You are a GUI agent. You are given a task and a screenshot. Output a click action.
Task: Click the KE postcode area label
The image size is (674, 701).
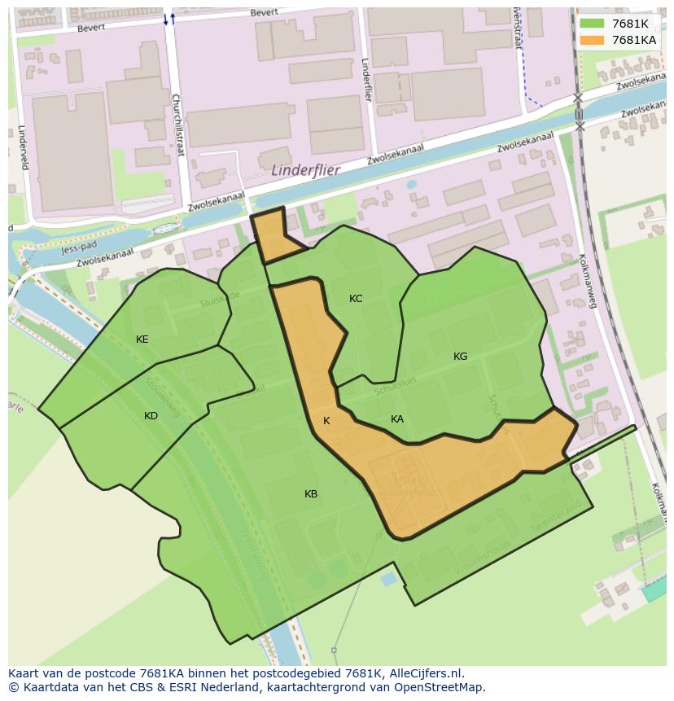142,340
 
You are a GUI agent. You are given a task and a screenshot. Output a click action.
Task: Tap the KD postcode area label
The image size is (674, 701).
151,416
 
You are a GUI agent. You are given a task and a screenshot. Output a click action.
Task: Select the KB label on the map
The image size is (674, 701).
311,494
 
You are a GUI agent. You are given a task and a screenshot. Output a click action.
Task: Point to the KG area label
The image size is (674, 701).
461,356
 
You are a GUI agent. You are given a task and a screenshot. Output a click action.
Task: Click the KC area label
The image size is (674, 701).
356,299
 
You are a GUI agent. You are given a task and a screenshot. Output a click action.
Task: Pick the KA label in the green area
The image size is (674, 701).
397,419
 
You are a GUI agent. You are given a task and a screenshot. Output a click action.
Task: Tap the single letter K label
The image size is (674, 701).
326,421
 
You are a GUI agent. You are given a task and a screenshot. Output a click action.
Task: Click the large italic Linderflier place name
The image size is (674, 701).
305,171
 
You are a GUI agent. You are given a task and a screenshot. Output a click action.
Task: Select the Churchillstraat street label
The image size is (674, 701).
177,123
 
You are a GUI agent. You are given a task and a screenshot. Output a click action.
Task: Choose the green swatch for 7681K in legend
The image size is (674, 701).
592,24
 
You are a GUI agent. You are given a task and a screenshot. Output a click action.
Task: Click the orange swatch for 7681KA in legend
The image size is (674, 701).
592,40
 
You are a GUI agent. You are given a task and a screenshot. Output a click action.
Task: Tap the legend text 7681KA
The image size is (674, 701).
633,40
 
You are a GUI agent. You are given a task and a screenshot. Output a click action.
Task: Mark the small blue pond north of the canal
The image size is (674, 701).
410,185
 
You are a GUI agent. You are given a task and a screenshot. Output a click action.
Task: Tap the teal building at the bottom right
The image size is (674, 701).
654,590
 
